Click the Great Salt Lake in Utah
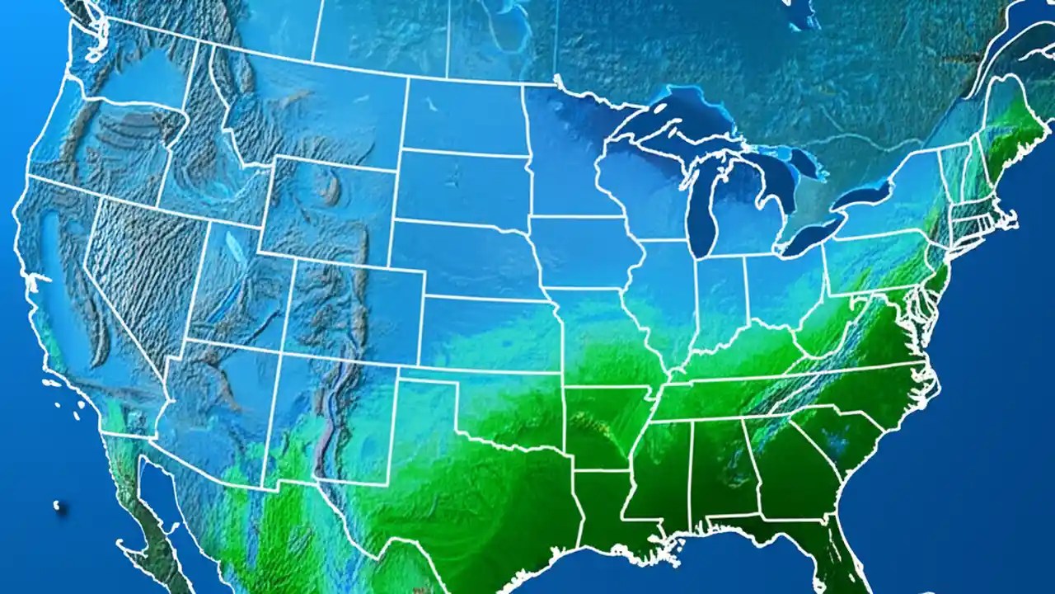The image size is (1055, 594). click(x=236, y=244)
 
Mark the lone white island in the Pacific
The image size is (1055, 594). click(x=59, y=506)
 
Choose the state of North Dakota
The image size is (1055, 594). click(x=466, y=115)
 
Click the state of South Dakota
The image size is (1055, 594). click(x=462, y=186)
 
